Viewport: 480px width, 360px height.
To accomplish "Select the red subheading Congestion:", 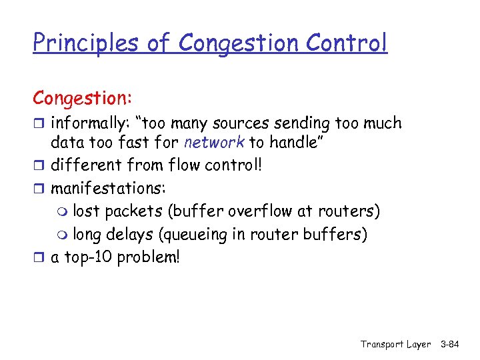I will point(83,97).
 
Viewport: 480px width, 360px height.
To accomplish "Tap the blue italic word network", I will point(214,143).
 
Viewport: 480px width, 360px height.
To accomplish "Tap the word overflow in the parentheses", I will point(255,211).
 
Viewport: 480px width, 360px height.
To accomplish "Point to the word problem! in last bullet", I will point(148,257).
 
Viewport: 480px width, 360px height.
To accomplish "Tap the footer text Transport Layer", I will point(395,344).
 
